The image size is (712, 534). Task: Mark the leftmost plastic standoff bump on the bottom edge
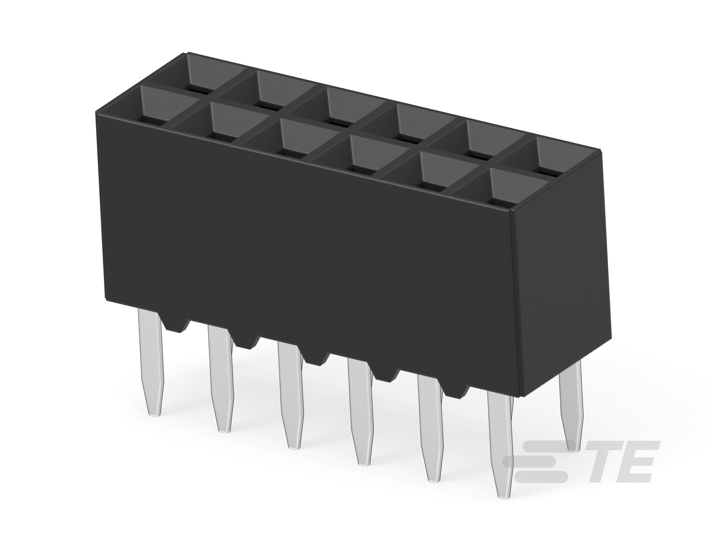point(176,325)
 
